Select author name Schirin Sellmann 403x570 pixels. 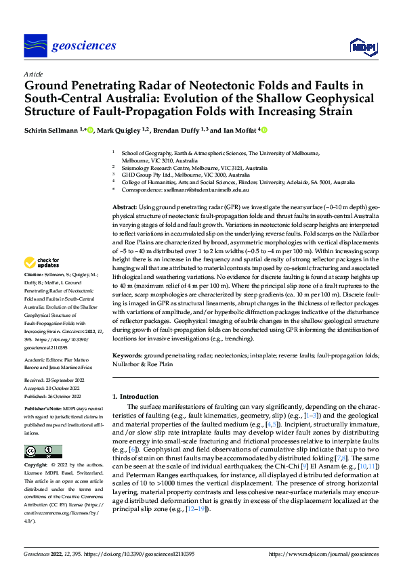tap(51, 131)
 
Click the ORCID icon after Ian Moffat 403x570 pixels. tap(265, 130)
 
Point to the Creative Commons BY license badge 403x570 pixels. tap(43, 451)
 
